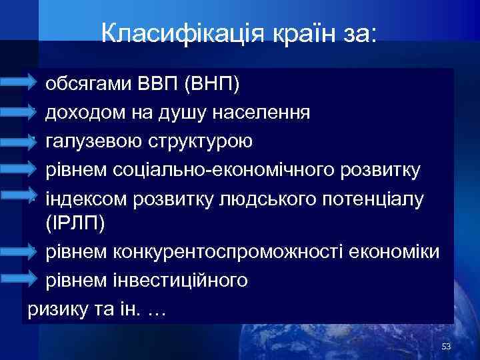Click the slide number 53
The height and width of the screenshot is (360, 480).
(x=447, y=347)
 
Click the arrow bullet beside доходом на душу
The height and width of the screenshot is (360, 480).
(x=20, y=112)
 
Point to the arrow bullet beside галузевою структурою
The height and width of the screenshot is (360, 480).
(x=20, y=140)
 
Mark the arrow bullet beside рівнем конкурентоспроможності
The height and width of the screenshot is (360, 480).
(x=20, y=252)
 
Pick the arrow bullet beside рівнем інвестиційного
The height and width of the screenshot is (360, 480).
(x=20, y=280)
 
